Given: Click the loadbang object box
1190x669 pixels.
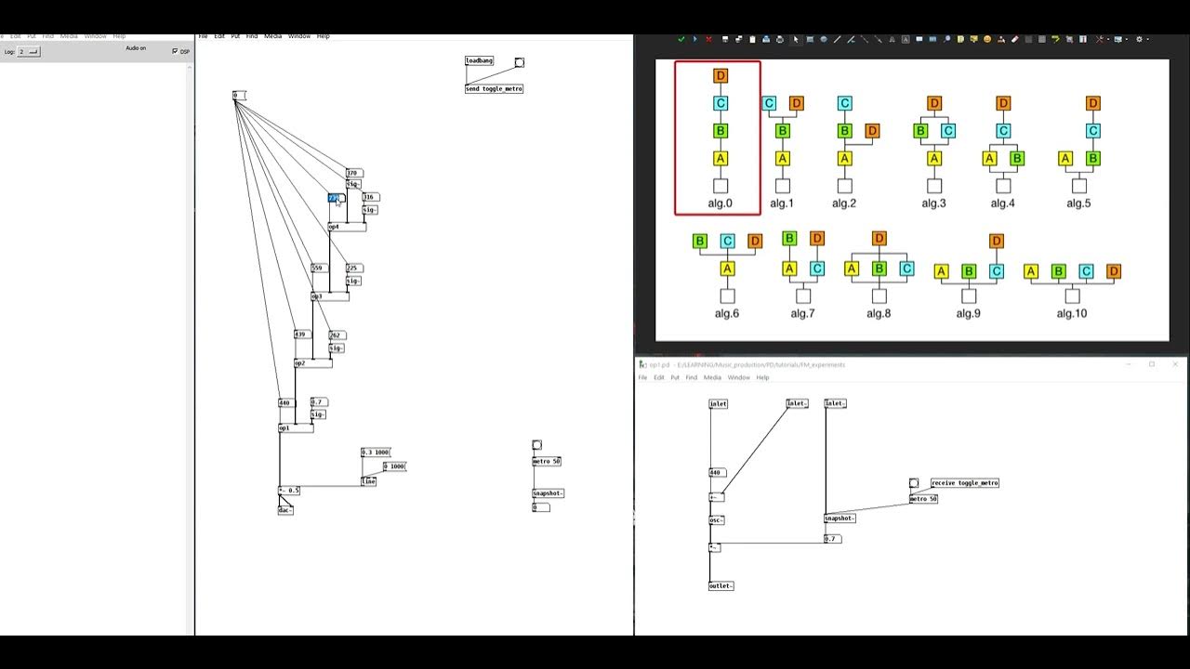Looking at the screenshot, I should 479,60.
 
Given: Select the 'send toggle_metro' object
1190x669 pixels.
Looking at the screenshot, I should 494,89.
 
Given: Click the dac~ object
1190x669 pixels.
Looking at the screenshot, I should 285,510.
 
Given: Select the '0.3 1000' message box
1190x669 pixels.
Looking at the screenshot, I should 376,453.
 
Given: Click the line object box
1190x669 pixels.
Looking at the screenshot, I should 368,481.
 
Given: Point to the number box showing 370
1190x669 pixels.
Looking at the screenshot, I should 353,173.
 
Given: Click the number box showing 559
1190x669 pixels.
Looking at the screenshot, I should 319,268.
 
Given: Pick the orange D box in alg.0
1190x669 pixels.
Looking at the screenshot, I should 721,75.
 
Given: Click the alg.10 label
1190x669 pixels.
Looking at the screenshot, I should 1071,313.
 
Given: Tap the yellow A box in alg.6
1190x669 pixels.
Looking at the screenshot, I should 727,269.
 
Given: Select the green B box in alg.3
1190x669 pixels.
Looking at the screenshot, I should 920,131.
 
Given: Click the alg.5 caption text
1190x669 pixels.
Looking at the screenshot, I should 1078,203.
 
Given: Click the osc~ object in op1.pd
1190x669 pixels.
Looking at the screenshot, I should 716,520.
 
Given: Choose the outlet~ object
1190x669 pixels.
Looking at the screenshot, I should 721,586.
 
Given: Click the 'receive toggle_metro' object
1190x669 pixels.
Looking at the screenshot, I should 964,483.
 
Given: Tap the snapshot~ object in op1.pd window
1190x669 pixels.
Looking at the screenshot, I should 840,518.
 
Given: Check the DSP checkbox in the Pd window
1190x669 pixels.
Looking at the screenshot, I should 175,51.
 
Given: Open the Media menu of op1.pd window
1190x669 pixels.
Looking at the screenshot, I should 712,377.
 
